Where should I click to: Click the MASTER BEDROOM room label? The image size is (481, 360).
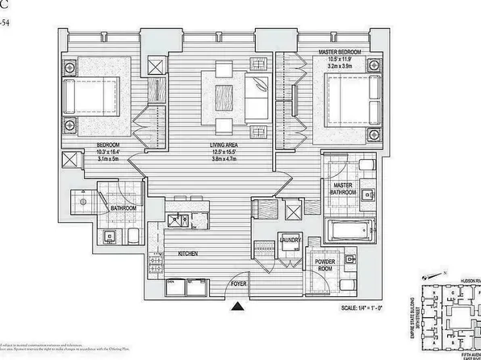(x=338, y=52)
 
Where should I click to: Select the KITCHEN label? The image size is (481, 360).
(x=189, y=253)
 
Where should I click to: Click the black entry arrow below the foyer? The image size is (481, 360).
(x=237, y=306)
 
